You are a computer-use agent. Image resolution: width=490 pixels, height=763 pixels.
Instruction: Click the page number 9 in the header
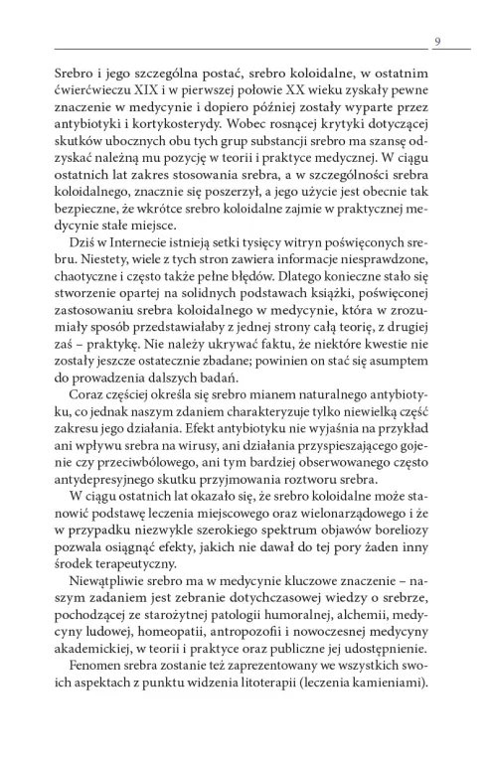(438, 40)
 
